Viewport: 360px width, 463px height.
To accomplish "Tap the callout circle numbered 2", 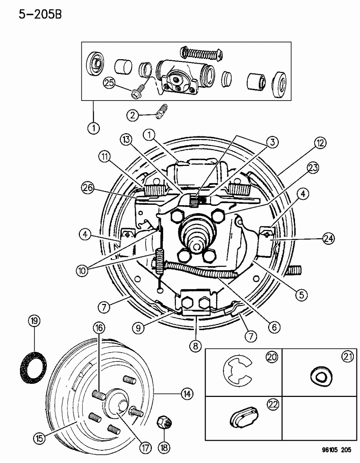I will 132,115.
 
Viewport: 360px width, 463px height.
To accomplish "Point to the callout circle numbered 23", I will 313,167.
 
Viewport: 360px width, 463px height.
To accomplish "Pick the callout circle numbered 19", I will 35,321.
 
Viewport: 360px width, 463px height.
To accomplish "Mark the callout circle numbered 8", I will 195,346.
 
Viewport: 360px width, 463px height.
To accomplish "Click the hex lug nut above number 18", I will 163,423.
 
